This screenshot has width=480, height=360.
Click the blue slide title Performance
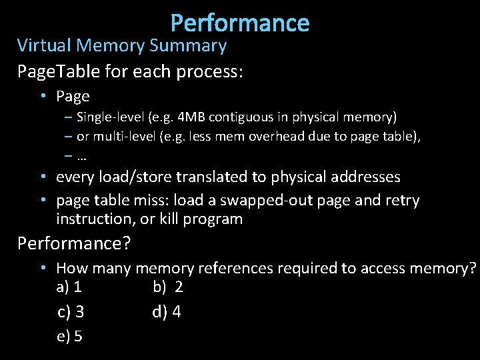pyautogui.click(x=240, y=23)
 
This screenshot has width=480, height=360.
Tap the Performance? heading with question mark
pyautogui.click(x=74, y=243)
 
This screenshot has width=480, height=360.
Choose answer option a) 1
pyautogui.click(x=69, y=287)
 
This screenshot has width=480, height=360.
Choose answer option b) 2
pyautogui.click(x=168, y=287)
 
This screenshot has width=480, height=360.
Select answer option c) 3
pyautogui.click(x=71, y=312)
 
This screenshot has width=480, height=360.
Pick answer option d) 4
pyautogui.click(x=167, y=312)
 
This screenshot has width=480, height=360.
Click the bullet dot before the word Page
pyautogui.click(x=42, y=96)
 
